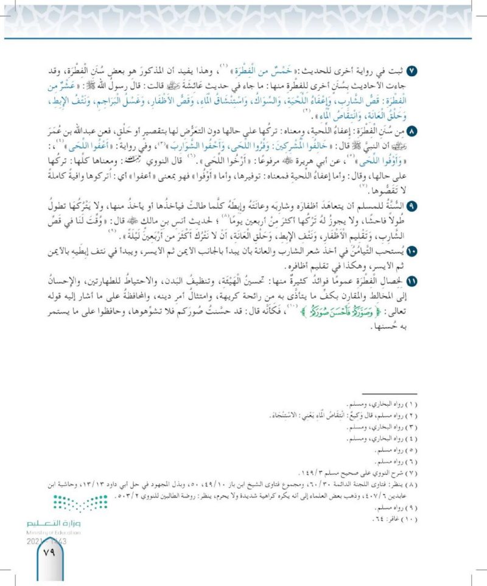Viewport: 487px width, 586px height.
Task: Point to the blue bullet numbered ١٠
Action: point(446,250)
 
